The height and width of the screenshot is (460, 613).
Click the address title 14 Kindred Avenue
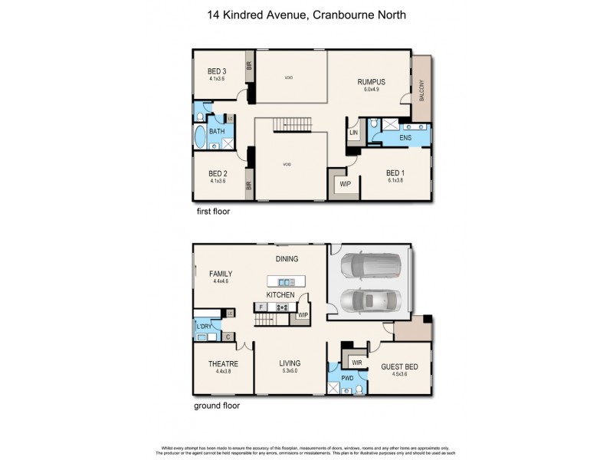(x=306, y=15)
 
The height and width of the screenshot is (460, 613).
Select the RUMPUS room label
(x=370, y=81)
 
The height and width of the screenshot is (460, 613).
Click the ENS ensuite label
(x=405, y=137)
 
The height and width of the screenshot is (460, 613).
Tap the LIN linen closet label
(x=353, y=133)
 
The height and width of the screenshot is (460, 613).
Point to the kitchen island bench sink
(x=287, y=281)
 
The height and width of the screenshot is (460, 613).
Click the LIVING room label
(x=290, y=363)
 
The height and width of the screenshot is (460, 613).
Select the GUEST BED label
(x=398, y=367)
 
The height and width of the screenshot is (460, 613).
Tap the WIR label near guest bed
(x=356, y=361)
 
